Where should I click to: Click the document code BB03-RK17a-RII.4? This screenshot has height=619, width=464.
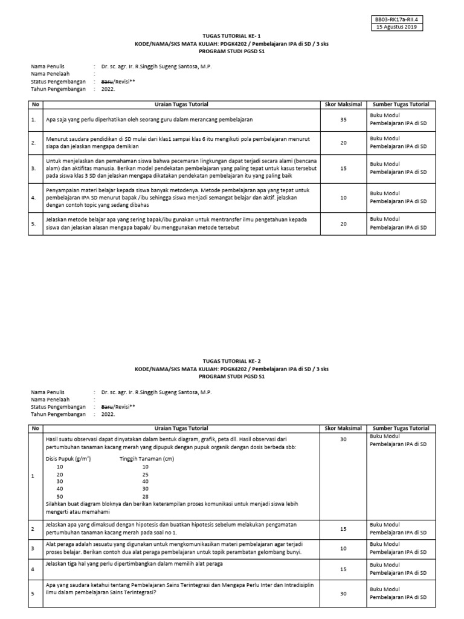click(398, 20)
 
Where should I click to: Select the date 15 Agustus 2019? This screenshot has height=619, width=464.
click(398, 27)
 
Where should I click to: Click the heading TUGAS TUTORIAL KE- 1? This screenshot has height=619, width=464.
click(232, 37)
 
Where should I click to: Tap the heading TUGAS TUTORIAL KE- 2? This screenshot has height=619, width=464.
click(232, 361)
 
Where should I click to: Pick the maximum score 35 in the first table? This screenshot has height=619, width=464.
click(343, 120)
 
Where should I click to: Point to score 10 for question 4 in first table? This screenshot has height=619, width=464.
click(343, 197)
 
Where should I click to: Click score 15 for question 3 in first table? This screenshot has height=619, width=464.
click(343, 169)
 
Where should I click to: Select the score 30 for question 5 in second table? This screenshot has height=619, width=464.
click(343, 593)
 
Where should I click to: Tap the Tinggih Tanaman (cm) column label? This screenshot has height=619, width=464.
click(147, 459)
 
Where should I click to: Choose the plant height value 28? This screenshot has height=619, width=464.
click(145, 496)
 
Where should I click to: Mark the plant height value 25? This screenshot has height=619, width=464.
click(145, 475)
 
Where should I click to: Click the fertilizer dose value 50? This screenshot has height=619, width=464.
click(60, 496)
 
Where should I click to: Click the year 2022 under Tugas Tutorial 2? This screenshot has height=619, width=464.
click(108, 415)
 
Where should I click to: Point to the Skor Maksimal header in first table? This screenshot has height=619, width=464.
click(343, 105)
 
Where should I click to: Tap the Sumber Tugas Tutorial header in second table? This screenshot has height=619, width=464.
click(401, 428)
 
